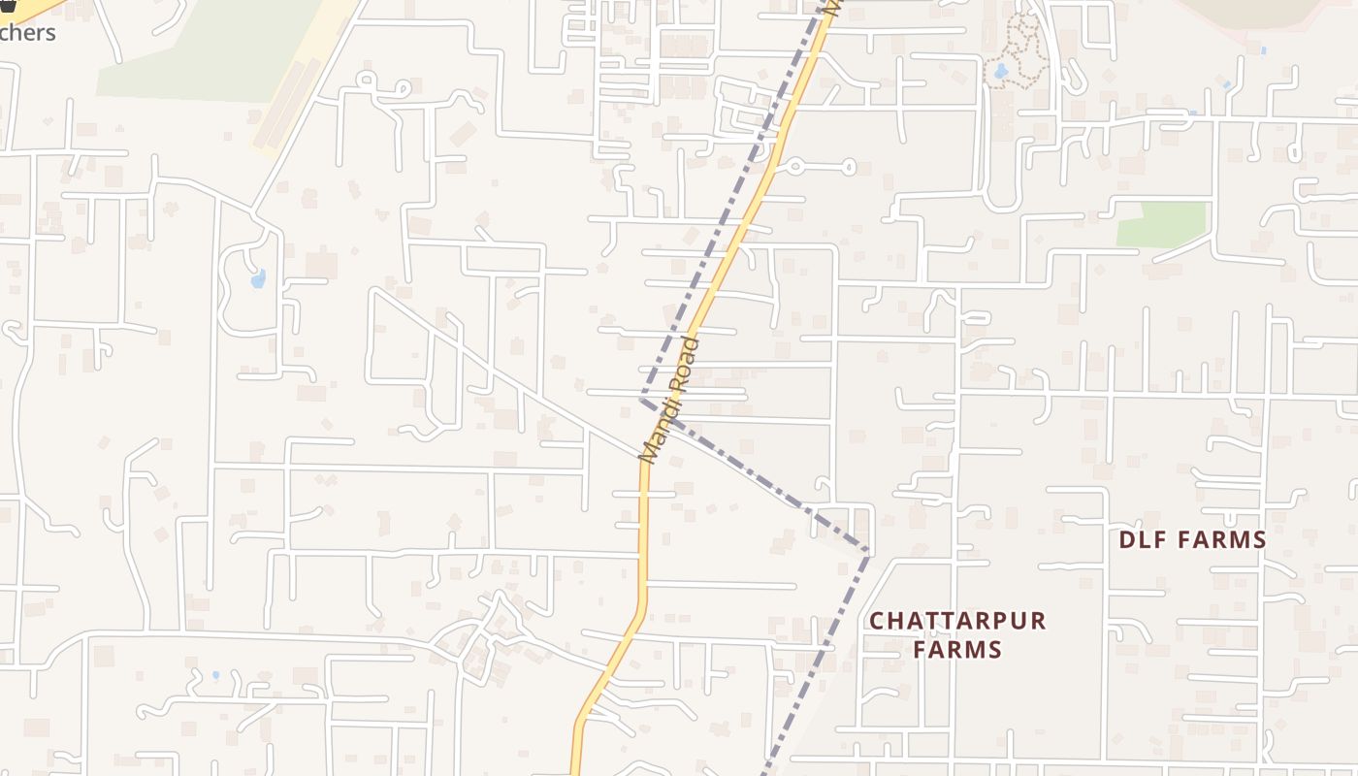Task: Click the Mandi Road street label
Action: (x=669, y=400)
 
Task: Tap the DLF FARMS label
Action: (x=1192, y=540)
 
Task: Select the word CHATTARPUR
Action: (x=957, y=621)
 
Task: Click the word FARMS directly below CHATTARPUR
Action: (x=957, y=649)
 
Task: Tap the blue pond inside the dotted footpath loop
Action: (x=1000, y=71)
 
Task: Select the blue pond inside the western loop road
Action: (x=257, y=279)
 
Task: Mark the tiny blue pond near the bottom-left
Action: (x=214, y=675)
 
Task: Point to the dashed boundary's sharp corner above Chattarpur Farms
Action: (x=868, y=550)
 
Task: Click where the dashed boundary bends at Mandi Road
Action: (x=642, y=399)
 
